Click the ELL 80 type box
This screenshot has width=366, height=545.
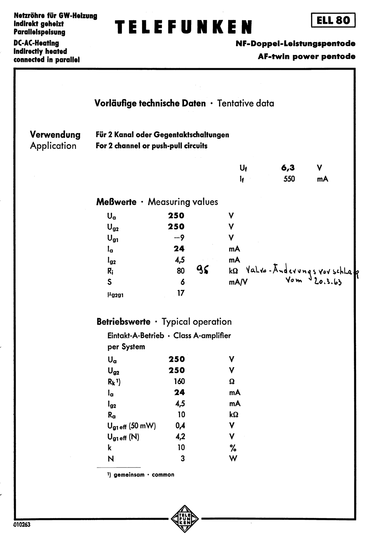(333, 20)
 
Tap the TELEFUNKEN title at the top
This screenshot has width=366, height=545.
(183, 27)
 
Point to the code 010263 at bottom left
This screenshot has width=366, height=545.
(22, 524)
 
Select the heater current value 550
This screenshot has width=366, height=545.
(289, 179)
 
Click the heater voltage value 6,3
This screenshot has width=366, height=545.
(288, 168)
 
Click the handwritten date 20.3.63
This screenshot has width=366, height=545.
(328, 281)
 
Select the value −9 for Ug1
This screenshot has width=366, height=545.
(179, 238)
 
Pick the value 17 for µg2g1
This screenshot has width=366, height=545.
(181, 293)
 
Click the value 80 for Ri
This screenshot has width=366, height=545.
(181, 271)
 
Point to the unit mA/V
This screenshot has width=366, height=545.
(238, 282)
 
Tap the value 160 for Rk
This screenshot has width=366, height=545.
(179, 381)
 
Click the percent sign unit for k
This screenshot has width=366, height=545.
(233, 448)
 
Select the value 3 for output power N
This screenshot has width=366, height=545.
(183, 458)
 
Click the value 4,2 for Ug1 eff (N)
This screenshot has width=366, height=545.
(180, 436)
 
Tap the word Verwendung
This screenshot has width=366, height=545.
(55, 134)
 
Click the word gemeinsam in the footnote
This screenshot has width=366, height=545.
(129, 475)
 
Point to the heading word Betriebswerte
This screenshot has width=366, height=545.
(123, 322)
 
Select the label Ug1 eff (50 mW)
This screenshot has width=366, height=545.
(131, 426)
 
